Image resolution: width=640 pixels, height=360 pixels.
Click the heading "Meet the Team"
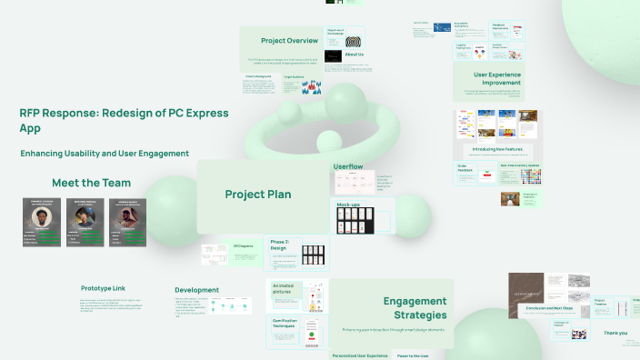click(91, 182)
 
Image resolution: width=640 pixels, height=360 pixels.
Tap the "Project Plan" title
click(258, 194)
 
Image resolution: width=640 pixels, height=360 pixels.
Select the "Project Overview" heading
click(289, 41)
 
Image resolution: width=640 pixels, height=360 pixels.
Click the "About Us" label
click(355, 55)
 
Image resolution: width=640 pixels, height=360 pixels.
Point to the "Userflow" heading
click(348, 166)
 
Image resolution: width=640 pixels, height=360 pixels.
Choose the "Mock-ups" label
click(349, 205)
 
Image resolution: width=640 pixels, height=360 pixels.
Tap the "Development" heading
click(196, 290)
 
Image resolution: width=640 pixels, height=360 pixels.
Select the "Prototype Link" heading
click(104, 288)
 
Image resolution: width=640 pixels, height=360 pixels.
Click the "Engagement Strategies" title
click(414, 307)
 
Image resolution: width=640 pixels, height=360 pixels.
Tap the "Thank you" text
click(615, 333)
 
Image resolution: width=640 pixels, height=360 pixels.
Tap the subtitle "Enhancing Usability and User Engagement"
click(105, 154)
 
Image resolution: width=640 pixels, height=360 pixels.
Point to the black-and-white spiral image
click(355, 40)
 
